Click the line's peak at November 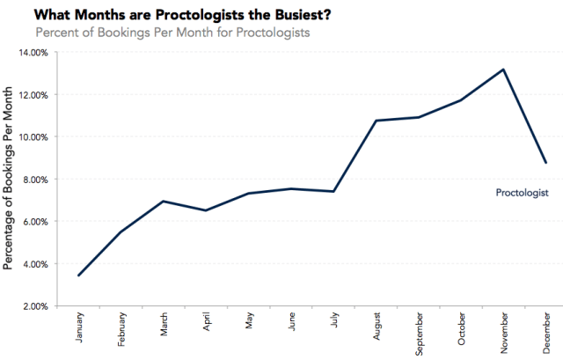point(502,70)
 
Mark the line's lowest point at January point(80,276)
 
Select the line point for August point(377,121)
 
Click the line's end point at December point(545,163)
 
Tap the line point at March point(165,202)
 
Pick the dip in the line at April point(207,210)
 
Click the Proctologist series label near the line point(523,192)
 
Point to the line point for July point(334,191)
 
